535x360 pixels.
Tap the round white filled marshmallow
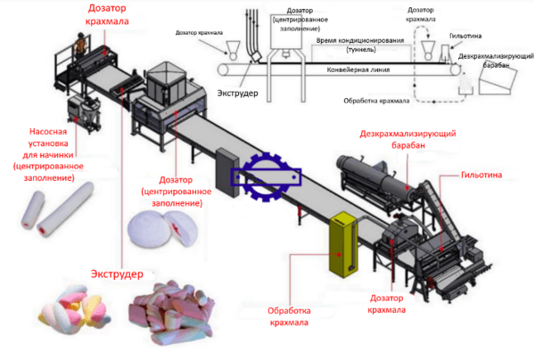point(159,230)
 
